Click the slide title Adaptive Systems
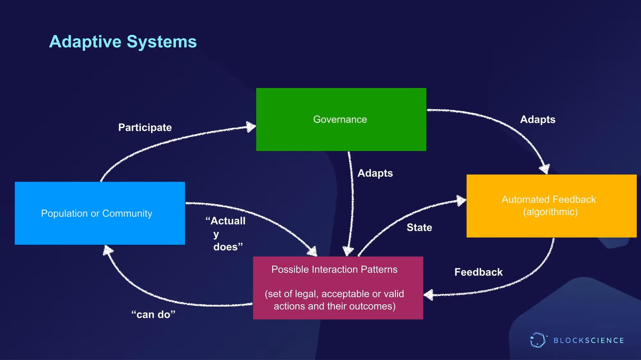123,42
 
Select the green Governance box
341,119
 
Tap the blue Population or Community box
100,213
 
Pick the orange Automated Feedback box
551,206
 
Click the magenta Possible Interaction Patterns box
338,288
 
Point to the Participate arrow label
145,127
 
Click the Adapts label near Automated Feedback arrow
537,119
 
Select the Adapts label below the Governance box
375,173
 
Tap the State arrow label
419,227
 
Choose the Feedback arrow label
479,272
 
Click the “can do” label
153,315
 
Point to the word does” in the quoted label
228,247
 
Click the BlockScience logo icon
538,340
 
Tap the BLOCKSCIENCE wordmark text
589,340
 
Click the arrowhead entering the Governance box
251,127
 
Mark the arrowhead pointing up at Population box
108,250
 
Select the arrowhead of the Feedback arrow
429,295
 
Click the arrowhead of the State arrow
461,200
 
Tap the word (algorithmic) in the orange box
550,212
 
